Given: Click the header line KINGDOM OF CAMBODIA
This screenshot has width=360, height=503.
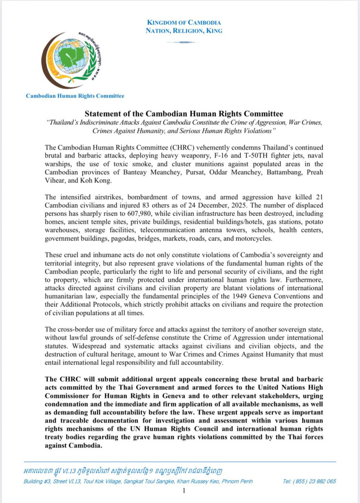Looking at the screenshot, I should pos(184,23).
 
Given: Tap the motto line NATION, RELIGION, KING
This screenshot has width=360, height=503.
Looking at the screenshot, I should pos(184,31).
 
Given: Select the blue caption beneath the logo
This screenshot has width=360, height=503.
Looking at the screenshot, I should pos(75,96).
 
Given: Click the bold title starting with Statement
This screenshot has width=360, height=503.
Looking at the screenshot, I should pos(184,114).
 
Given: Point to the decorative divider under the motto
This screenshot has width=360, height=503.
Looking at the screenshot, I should pos(184,42).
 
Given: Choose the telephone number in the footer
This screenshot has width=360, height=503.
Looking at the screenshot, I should pos(309,481).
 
